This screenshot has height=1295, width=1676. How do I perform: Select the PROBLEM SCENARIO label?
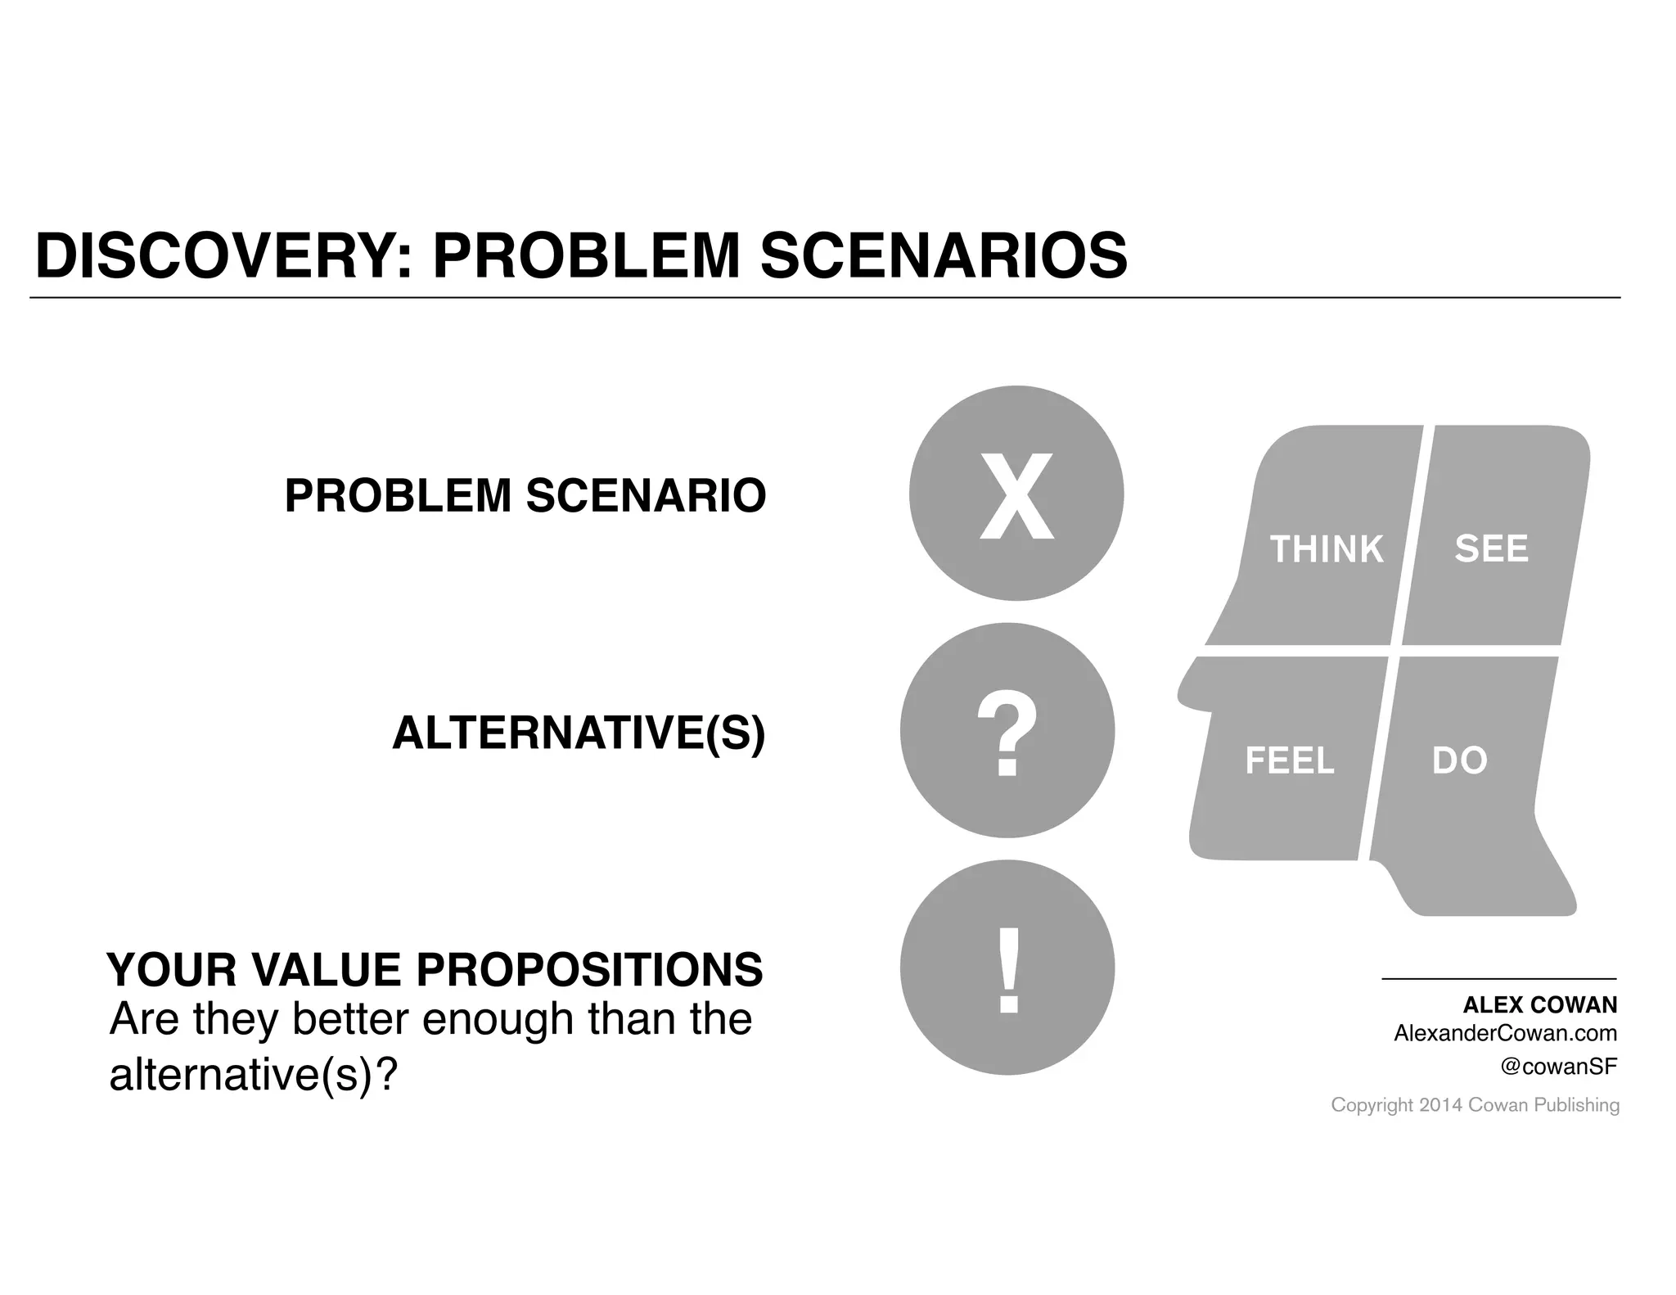coord(525,496)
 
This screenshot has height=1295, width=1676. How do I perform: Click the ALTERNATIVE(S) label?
coord(579,733)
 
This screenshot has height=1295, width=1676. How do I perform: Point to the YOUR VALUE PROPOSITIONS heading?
coord(435,970)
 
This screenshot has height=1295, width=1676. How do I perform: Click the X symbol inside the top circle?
coord(1016,496)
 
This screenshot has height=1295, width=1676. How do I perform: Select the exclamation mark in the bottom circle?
coord(1008,970)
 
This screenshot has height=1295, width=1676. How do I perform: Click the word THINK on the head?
coord(1326,549)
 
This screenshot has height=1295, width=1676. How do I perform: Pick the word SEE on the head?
coord(1491,548)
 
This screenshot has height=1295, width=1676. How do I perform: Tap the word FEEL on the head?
coord(1289,761)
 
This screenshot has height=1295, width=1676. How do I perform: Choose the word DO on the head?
coord(1459,761)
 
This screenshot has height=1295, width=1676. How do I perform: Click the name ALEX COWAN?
coord(1539,1005)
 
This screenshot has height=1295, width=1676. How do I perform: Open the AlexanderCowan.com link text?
coord(1505,1034)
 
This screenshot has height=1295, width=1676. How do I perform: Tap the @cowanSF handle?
coord(1558,1067)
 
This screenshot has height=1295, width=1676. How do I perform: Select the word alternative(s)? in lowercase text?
coord(252,1076)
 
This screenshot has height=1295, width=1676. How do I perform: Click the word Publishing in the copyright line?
coord(1576,1106)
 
